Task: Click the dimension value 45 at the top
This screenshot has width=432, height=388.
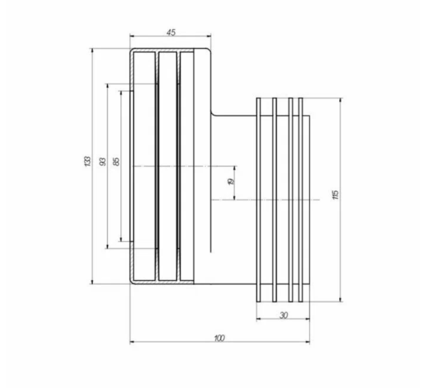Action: click(x=171, y=32)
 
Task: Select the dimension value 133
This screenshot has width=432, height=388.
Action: click(x=87, y=161)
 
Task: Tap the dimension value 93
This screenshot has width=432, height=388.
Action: click(x=102, y=161)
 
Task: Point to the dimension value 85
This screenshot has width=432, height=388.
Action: click(x=116, y=161)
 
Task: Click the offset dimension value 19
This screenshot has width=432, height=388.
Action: click(x=231, y=181)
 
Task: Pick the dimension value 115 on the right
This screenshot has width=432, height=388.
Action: click(x=336, y=194)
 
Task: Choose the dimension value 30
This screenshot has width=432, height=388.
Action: click(x=284, y=315)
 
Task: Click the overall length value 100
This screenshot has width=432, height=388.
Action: click(x=220, y=338)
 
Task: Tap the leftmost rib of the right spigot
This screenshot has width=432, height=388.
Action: click(x=258, y=200)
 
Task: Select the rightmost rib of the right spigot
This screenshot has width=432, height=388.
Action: click(x=300, y=200)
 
